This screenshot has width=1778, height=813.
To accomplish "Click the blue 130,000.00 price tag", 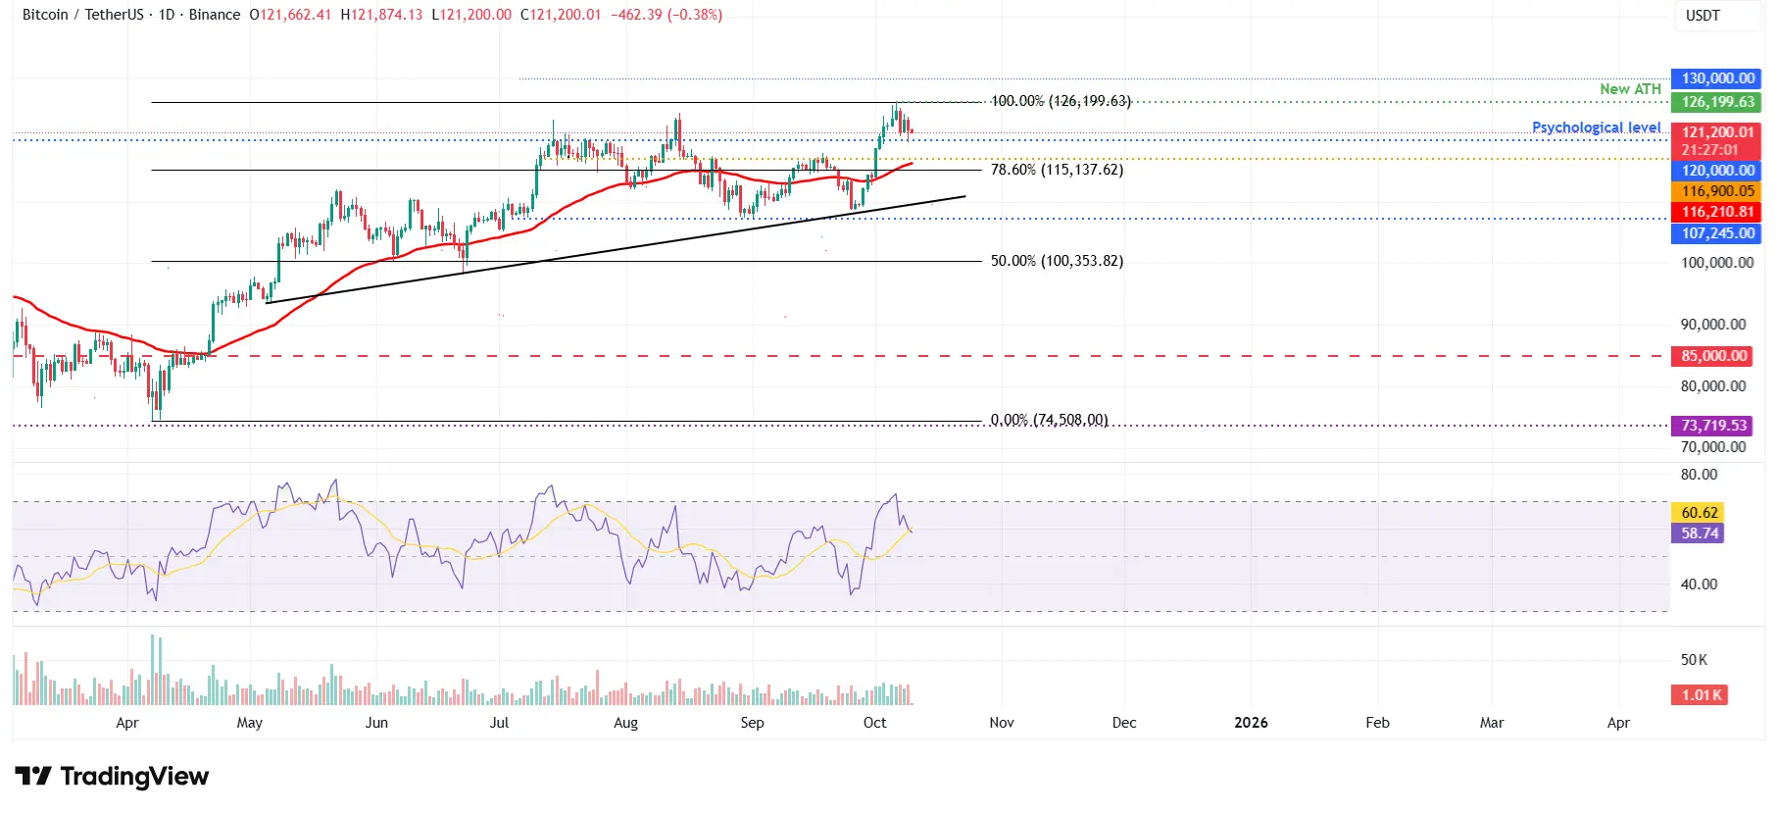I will pos(1717,78).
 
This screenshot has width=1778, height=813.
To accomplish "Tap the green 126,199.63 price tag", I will pos(1717,102).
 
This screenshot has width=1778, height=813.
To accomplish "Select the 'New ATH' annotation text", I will pos(1630,89).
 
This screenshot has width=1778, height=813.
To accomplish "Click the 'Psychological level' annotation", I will pos(1596,127).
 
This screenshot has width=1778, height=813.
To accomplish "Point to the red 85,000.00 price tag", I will pos(1714,356).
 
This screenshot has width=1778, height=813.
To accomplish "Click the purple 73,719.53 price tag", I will pos(1714,426).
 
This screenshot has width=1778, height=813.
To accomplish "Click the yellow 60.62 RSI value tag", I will pos(1700,512).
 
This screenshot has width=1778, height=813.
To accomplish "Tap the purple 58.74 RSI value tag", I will pos(1700,534).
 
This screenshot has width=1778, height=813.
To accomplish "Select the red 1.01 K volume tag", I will pos(1701,695).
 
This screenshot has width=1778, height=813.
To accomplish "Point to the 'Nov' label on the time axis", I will pos(1001,723).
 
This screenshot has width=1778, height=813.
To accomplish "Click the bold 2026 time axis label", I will pos(1251,723).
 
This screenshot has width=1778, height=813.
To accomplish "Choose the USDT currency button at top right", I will pos(1703,16).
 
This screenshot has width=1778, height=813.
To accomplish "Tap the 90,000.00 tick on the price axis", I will pos(1713,325).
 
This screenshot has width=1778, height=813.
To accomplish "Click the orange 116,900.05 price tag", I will pos(1717,191).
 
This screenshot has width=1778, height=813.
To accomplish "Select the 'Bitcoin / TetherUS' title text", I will pos(83,15).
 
